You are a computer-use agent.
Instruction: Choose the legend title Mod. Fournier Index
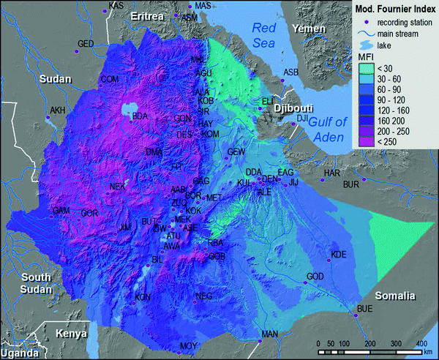click(394, 10)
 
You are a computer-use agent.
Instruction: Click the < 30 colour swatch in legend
click(364, 68)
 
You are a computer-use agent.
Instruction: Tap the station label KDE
click(338, 255)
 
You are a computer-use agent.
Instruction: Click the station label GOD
click(315, 276)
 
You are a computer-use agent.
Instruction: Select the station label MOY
click(189, 345)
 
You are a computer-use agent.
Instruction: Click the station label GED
click(86, 44)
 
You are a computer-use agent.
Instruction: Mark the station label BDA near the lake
click(139, 115)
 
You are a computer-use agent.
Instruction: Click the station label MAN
click(270, 334)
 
